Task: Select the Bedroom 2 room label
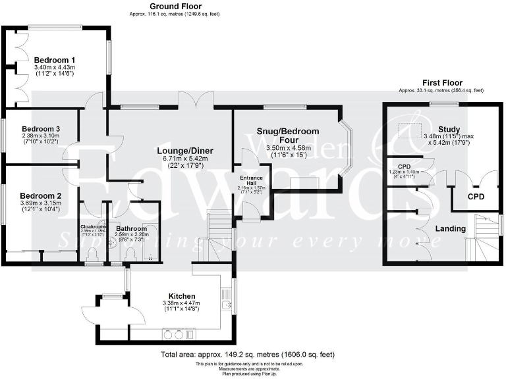[40, 195]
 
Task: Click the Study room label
[448, 129]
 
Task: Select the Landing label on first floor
[450, 228]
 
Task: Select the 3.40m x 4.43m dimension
[55, 67]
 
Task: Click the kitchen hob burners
[173, 334]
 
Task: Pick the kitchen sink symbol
[227, 305]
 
